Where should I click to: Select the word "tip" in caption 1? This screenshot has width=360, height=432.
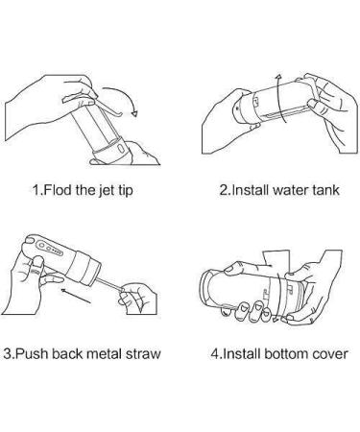[124, 191]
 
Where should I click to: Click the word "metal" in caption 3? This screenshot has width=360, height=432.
[105, 354]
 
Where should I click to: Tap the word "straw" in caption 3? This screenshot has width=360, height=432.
[143, 354]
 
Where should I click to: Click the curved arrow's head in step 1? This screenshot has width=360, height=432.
[134, 113]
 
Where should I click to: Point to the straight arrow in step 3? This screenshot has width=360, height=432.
[76, 295]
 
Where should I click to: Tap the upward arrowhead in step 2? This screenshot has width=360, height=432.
[278, 77]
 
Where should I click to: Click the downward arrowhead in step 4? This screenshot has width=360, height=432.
[275, 320]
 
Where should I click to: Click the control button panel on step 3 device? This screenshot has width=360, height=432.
[50, 249]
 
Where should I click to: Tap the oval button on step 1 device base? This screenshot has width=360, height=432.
[121, 148]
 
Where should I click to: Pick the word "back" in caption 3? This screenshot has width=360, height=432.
[67, 354]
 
